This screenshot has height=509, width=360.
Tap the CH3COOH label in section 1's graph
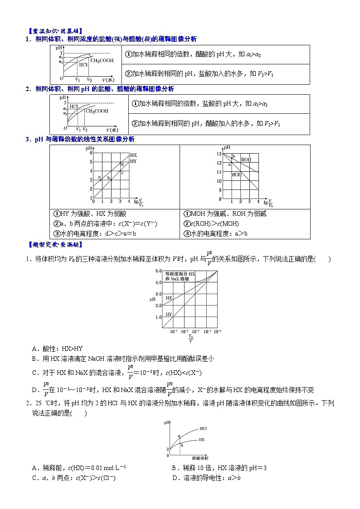[x=102, y=60]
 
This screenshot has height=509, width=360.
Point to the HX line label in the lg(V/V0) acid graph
[x=133, y=155]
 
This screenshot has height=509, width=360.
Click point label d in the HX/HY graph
[x=122, y=164]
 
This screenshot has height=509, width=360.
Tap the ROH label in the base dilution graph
[x=246, y=160]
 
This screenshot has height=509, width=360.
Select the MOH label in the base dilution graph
[x=236, y=175]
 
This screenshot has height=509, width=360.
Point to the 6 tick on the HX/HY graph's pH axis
[x=91, y=153]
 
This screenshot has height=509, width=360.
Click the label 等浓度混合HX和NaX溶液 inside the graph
[x=180, y=276]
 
